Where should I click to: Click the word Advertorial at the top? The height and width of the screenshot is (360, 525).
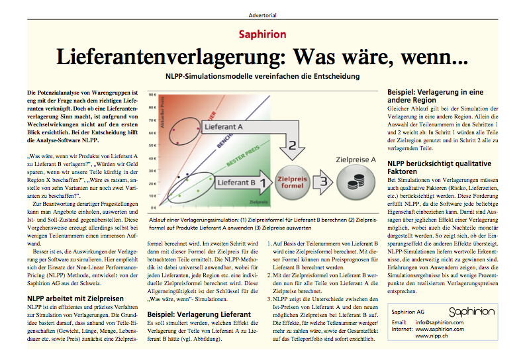pos(262,13)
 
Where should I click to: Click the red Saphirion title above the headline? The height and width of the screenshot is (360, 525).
pos(262,34)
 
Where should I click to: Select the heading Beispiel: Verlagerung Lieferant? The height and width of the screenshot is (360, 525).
pos(199,314)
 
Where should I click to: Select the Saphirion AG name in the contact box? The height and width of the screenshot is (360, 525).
pos(408,311)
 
